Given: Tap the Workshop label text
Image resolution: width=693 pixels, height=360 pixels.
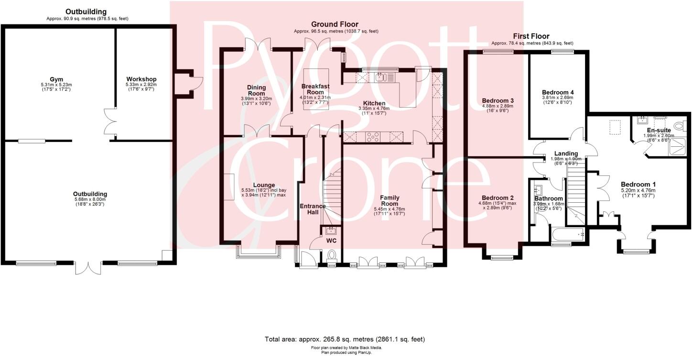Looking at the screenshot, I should tap(141, 79).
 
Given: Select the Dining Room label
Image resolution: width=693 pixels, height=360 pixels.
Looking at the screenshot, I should tap(256, 90).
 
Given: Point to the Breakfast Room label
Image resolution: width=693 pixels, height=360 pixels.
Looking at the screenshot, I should tap(315, 89).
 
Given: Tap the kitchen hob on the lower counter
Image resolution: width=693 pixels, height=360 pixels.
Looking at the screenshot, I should tap(373, 138).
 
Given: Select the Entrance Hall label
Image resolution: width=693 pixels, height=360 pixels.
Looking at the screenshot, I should tap(313, 209).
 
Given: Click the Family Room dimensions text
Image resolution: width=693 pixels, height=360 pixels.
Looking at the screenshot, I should tap(390, 211).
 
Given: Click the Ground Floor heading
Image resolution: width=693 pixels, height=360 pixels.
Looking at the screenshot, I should tap(335, 24).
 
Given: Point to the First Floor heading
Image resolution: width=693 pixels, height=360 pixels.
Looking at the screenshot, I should tap(531, 36).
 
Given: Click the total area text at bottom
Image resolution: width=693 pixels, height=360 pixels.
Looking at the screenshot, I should tap(345, 339).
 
